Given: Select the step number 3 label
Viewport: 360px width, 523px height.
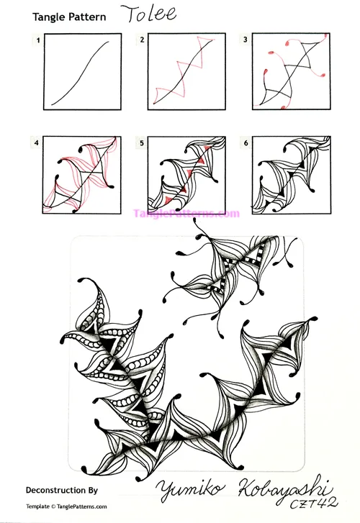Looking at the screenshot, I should (246, 41).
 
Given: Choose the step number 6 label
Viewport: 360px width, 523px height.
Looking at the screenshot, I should (246, 144).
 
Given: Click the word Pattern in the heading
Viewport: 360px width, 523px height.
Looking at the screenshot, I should (86, 16).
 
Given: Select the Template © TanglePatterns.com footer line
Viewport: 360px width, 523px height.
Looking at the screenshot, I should (60, 509).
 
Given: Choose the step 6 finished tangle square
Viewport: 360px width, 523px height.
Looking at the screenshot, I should (287, 176).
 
